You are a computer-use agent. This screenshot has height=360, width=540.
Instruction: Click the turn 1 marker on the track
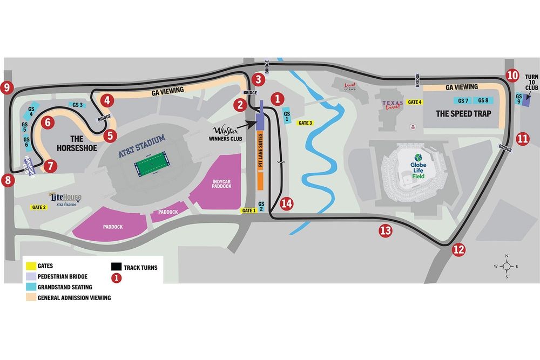(278, 98)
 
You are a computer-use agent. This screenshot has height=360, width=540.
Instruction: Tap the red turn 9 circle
(6, 86)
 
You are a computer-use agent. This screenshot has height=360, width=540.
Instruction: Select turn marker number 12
(458, 249)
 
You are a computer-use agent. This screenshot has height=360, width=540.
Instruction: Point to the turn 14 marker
(287, 203)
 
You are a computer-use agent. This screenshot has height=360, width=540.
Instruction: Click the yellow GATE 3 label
(306, 123)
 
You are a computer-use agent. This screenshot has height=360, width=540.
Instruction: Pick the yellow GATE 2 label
(39, 207)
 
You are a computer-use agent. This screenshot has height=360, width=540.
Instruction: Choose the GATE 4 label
(415, 102)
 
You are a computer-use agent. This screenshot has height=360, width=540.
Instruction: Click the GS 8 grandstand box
(483, 100)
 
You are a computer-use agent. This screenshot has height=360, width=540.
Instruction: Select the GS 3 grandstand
(77, 105)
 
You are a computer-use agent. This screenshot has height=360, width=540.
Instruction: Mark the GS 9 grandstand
(518, 99)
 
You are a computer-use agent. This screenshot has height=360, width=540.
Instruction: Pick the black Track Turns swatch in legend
(116, 267)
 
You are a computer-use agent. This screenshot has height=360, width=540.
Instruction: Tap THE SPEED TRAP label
(456, 114)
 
